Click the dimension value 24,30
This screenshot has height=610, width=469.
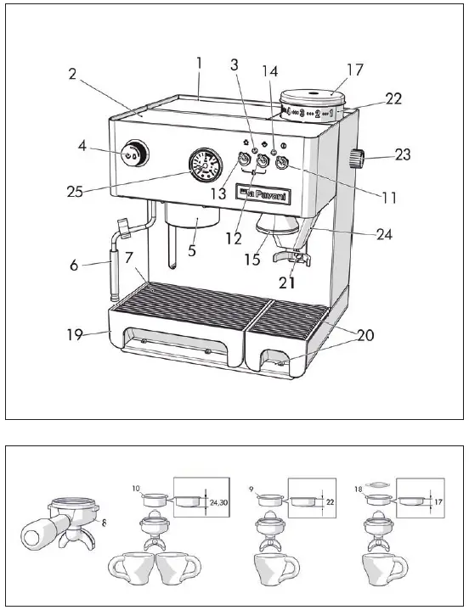tap(218, 501)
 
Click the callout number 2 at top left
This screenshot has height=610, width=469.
tap(74, 74)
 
